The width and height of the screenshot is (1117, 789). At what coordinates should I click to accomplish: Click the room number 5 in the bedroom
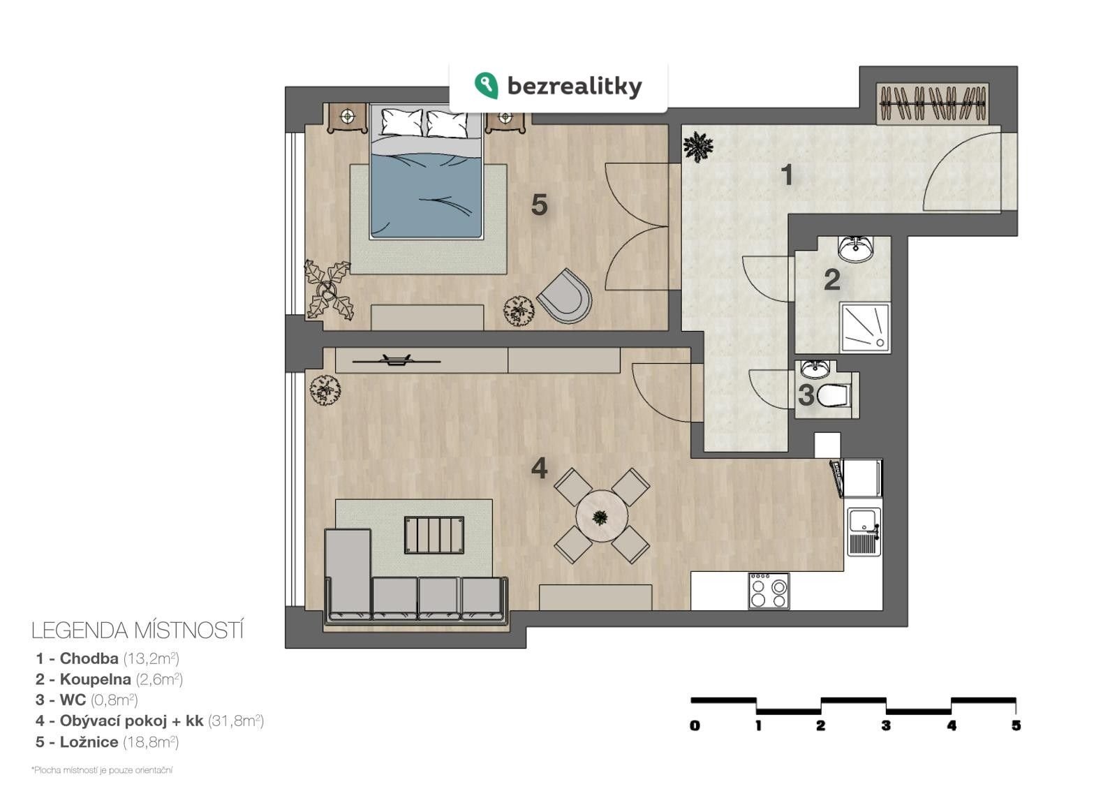point(539,205)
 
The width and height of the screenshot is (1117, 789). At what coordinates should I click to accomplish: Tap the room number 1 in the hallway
point(787,175)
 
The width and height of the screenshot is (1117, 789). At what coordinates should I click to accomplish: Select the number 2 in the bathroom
point(831,280)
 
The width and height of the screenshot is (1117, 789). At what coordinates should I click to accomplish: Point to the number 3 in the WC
point(806,395)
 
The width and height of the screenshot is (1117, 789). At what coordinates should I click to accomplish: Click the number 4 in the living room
point(539,469)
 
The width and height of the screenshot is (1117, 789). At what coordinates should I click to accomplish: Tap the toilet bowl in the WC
point(834,395)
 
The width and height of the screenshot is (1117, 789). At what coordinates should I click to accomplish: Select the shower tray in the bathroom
point(865,327)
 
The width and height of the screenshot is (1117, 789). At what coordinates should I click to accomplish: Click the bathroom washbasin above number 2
point(856,249)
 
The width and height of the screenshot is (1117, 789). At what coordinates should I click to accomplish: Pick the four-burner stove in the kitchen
point(769,591)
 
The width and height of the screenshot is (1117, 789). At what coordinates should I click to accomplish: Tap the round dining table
point(601,517)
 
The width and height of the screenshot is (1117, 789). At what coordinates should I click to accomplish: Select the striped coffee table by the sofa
point(434,535)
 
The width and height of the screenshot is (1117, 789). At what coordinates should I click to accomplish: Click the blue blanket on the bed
point(426,196)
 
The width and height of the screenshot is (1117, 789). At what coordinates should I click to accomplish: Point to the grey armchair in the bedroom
point(565,296)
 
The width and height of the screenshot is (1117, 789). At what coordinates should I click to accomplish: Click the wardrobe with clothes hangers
point(932,104)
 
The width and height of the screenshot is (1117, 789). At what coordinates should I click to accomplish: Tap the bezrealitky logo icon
point(486,85)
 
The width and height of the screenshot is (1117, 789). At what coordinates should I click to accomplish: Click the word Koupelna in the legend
point(95,679)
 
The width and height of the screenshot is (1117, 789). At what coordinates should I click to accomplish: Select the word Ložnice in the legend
point(89,742)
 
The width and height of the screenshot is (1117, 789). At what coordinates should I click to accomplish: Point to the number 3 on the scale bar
point(886,725)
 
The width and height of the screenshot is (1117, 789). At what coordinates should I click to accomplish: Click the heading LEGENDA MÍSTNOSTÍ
point(137,631)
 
